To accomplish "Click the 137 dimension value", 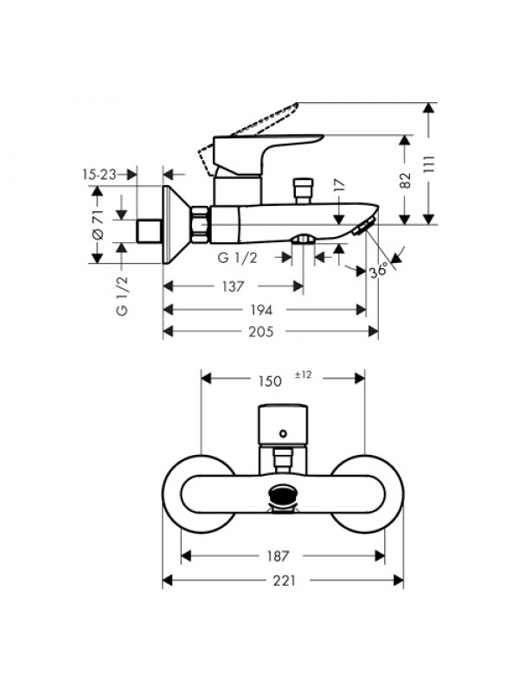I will coord(232,286).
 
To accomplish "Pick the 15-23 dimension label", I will coord(99,174).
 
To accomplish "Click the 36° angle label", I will coord(378,270).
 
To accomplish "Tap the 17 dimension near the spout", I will coord(340,184).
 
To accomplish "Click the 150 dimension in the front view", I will coord(271,378).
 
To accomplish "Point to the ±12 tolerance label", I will coord(303,375).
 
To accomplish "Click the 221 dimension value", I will coord(283,580).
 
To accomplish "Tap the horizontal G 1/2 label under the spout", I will coord(236,258).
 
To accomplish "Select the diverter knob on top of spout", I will coord(304,189).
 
